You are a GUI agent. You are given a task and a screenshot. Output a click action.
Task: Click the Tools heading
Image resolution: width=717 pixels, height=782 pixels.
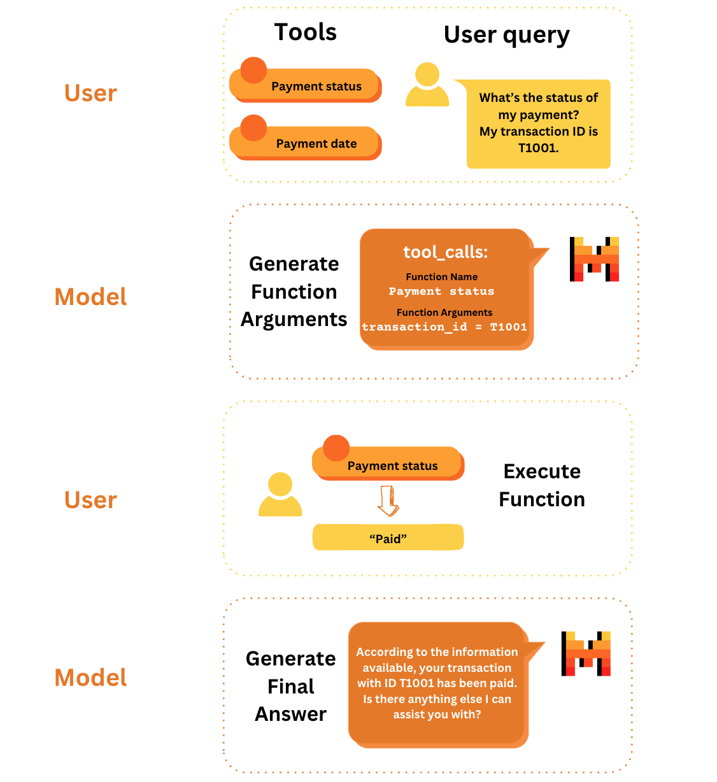[305, 32]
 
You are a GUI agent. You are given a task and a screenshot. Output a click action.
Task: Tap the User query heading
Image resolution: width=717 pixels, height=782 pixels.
[506, 35]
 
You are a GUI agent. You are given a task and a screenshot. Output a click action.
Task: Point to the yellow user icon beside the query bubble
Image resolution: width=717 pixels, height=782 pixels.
[427, 85]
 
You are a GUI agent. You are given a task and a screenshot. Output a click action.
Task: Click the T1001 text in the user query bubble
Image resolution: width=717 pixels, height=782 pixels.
[538, 148]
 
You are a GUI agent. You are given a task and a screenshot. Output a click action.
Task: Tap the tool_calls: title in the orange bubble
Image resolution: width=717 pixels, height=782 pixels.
[445, 252]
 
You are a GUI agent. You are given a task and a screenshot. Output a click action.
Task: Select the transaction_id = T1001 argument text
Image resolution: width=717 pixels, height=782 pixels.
[444, 327]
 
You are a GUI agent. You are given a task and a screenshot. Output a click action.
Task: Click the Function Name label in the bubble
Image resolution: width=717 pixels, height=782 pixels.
[441, 277]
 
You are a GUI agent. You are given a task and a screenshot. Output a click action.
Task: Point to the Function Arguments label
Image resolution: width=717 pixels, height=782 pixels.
[444, 313]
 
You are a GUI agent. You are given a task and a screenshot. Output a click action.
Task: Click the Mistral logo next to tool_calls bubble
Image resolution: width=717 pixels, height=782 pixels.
[594, 259]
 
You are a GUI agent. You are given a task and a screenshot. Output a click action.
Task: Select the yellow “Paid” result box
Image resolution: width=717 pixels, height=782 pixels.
[388, 538]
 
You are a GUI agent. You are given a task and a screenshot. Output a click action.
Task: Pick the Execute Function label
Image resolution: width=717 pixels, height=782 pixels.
[541, 485]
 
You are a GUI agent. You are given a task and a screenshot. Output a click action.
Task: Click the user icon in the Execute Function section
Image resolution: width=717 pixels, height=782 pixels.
[280, 494]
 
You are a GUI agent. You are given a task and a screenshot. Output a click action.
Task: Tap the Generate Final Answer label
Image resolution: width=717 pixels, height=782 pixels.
[290, 686]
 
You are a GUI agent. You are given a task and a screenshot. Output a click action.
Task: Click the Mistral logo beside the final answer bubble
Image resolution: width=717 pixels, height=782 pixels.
[586, 653]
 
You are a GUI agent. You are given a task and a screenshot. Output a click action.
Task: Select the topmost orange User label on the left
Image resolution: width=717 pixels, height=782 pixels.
[90, 94]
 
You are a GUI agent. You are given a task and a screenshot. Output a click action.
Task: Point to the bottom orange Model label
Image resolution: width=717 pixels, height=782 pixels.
[90, 678]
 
